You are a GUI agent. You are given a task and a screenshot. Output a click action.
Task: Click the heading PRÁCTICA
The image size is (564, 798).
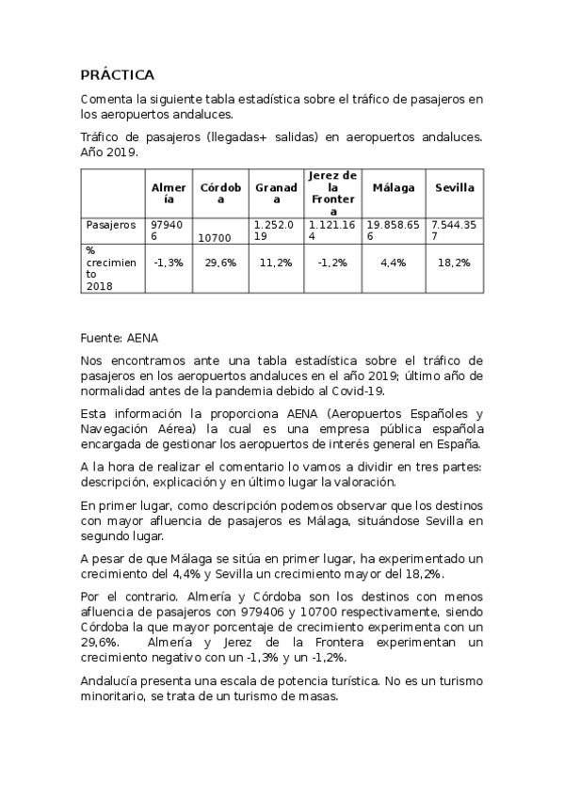pos(117,74)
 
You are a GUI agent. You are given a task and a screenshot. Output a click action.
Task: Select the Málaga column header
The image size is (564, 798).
pos(394,187)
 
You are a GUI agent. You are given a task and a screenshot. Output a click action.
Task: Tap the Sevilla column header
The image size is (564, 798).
pos(455,187)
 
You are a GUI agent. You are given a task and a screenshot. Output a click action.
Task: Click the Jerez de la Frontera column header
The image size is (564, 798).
pos(332,194)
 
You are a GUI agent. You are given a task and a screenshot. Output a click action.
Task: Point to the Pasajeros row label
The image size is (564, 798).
pos(111,225)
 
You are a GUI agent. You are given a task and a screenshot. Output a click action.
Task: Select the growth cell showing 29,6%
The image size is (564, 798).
pos(220,263)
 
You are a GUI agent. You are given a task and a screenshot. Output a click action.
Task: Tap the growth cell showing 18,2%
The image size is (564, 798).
pos(455,263)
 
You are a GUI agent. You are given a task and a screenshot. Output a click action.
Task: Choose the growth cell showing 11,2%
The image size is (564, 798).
pos(276,263)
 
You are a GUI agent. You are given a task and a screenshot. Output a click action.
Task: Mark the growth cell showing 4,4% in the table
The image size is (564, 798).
pos(394,263)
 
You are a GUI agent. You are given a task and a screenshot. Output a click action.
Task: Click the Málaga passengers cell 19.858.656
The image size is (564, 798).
pos(394,231)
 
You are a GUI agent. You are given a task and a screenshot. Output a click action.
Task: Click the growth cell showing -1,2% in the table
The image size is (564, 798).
pos(332,263)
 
